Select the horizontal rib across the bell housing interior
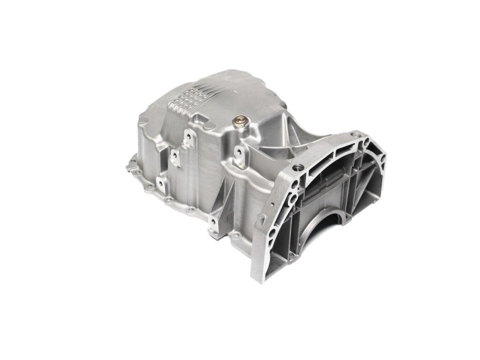click(x=336, y=186)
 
